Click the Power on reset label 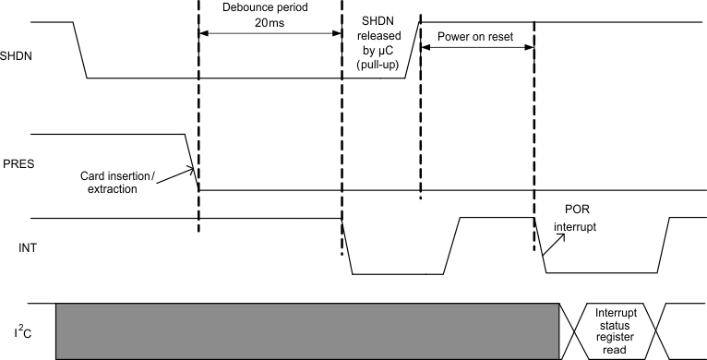pyautogui.click(x=477, y=40)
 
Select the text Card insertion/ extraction pyautogui.click(x=132, y=181)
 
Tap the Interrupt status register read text pyautogui.click(x=615, y=330)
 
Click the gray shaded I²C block pyautogui.click(x=307, y=330)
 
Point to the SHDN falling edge pyautogui.click(x=79, y=50)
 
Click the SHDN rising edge pyautogui.click(x=413, y=50)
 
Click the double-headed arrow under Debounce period pyautogui.click(x=270, y=33)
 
